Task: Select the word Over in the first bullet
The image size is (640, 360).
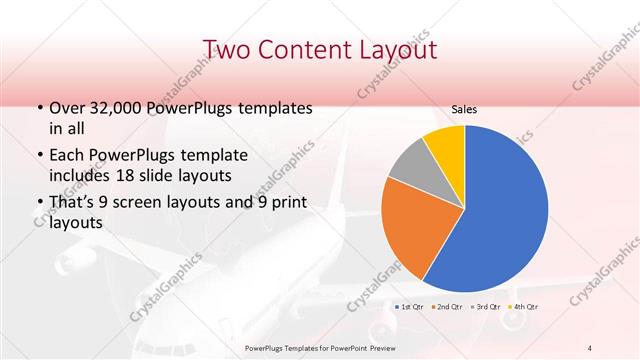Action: pos(67,107)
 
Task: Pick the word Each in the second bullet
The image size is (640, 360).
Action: pos(67,155)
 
